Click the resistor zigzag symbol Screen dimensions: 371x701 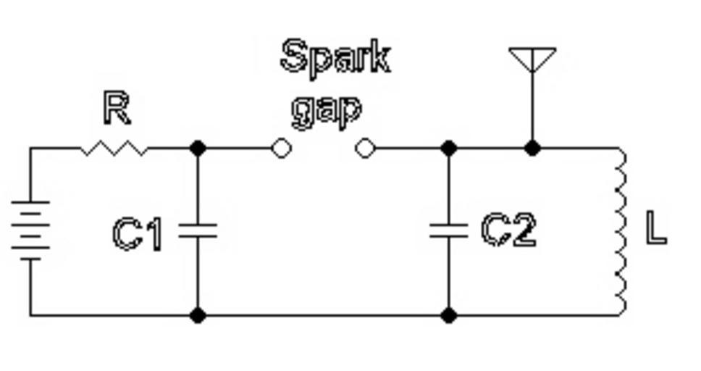(x=114, y=149)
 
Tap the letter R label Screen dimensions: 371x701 (x=117, y=109)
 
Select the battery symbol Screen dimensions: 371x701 (x=30, y=230)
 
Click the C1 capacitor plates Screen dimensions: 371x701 (x=198, y=230)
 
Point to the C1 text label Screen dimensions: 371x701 (x=138, y=234)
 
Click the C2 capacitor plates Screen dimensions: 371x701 (x=448, y=230)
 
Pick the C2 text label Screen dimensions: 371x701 (x=509, y=230)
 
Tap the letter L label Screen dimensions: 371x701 (x=655, y=230)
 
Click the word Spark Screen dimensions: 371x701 (x=335, y=57)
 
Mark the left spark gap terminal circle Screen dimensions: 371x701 (x=281, y=149)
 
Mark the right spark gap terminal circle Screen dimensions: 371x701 (x=365, y=149)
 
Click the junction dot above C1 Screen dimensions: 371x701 (x=198, y=149)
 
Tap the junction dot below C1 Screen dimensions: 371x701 (x=198, y=315)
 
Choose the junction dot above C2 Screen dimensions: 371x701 (x=448, y=149)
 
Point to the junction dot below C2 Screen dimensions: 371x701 (x=448, y=315)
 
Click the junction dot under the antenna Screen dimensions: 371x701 (x=532, y=149)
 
